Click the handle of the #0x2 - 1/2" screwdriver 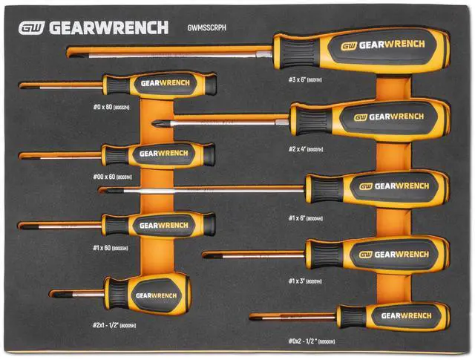pyautogui.click(x=393, y=315)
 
